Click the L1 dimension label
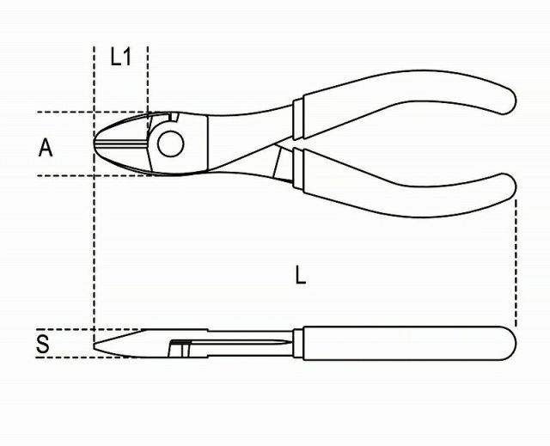pos(120,58)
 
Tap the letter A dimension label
pos(46,148)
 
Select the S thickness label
pos(43,344)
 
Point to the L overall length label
pos(300,274)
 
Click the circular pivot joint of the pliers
pos(170,144)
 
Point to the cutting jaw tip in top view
pos(95,142)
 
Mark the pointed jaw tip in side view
pos(95,345)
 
